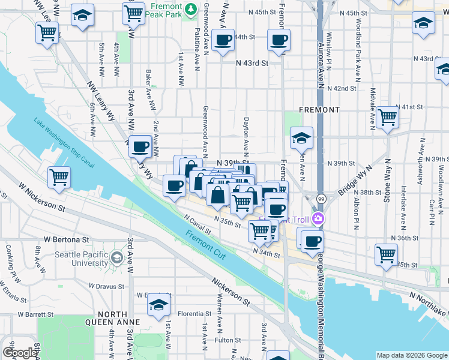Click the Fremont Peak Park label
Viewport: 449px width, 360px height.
(x=166, y=10)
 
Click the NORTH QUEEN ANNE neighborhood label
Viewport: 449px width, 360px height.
(x=112, y=318)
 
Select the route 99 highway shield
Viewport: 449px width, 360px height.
(x=322, y=199)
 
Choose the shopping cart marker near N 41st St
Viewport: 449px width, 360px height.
(x=388, y=116)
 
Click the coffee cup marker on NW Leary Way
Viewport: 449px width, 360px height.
(x=140, y=146)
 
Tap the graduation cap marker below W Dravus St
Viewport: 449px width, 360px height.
(x=158, y=305)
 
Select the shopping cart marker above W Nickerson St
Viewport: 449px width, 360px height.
(x=59, y=177)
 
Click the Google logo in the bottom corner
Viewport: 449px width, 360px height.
(x=20, y=353)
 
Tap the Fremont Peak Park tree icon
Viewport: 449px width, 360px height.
(x=191, y=9)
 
